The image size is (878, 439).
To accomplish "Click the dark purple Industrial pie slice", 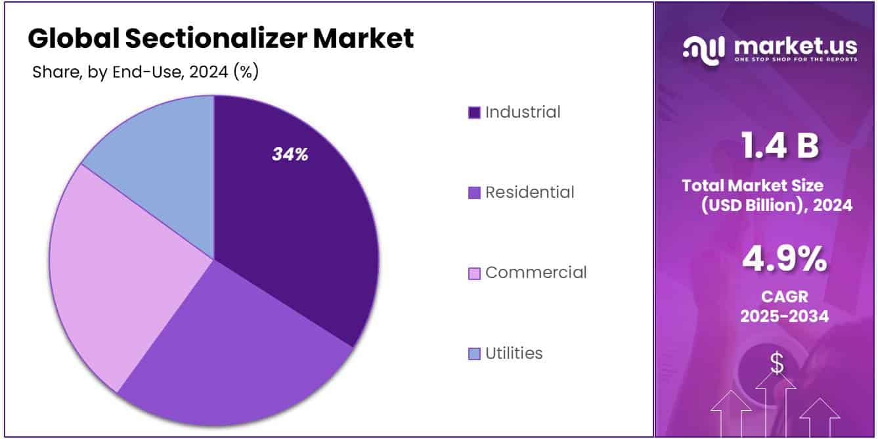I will [x=296, y=217].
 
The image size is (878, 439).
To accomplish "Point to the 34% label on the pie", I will [x=290, y=155].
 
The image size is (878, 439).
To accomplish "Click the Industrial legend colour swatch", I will [x=474, y=112].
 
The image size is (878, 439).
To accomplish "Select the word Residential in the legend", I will [x=529, y=192].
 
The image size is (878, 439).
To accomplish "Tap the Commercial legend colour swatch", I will [x=474, y=273].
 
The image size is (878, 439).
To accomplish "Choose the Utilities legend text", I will [x=514, y=353].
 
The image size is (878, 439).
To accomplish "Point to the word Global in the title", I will [x=72, y=39].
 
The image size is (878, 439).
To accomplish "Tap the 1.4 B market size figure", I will [x=780, y=146].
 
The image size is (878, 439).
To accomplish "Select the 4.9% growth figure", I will [x=784, y=259].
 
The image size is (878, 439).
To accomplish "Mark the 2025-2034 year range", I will [x=784, y=316].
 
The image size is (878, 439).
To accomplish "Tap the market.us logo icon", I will [x=703, y=49].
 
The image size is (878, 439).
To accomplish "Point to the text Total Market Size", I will [x=753, y=185].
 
